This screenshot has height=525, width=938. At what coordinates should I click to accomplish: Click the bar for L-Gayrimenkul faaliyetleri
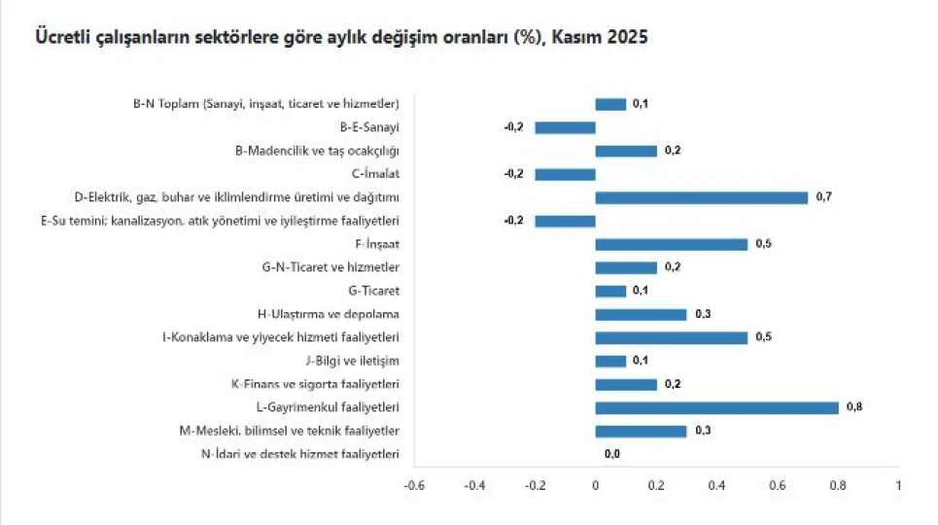click(716, 407)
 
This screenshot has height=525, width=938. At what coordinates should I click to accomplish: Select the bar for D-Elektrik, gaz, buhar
click(701, 197)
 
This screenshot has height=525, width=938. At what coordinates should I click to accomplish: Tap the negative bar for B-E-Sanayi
click(565, 127)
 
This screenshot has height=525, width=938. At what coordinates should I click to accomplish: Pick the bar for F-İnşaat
click(671, 244)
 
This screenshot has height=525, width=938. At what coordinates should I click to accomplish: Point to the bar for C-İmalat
click(565, 174)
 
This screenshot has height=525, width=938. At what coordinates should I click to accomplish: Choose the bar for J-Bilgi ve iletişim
click(610, 361)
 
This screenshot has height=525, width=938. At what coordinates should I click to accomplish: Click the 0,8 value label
click(855, 407)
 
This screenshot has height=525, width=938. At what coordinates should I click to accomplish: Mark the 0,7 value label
click(824, 197)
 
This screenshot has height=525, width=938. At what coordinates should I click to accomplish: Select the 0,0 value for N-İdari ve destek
click(612, 454)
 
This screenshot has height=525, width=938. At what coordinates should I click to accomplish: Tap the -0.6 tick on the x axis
click(414, 485)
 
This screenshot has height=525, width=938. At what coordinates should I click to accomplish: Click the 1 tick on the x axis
click(898, 485)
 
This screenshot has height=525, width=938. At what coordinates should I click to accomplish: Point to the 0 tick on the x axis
click(595, 485)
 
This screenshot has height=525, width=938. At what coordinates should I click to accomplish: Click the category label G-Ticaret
click(373, 291)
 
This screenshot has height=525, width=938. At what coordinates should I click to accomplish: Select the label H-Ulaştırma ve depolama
click(329, 314)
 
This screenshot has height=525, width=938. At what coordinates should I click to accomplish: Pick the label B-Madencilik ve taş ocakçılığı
click(318, 151)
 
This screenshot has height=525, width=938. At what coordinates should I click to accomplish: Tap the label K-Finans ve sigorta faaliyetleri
click(316, 384)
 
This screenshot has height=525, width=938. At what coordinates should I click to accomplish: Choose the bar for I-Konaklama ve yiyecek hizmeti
click(671, 337)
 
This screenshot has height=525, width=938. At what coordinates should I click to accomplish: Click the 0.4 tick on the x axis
click(716, 485)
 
